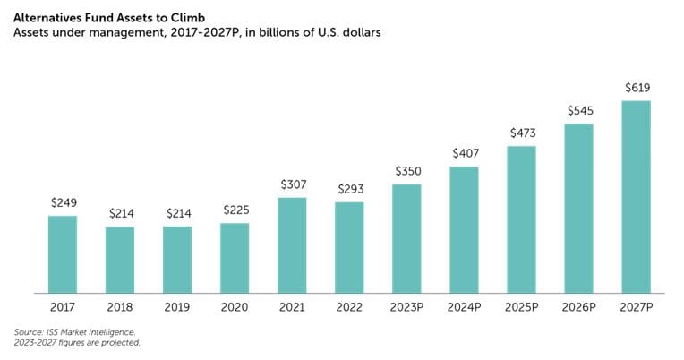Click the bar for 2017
(63, 253)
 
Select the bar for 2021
(292, 244)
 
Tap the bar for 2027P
(636, 196)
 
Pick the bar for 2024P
(464, 229)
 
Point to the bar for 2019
(177, 259)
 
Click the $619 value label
(636, 88)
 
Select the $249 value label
(63, 202)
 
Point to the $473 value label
(521, 133)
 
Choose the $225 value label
(235, 210)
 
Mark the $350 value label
(406, 171)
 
